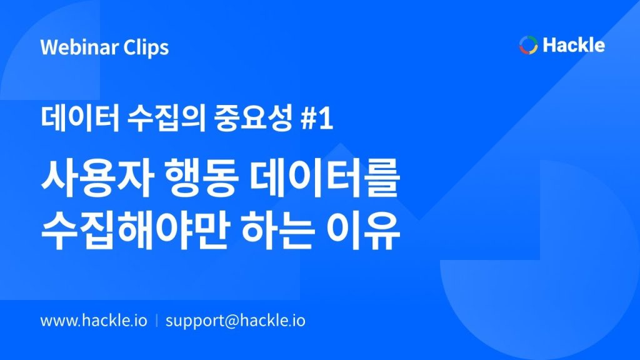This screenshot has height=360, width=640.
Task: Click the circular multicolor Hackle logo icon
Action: tap(528, 45)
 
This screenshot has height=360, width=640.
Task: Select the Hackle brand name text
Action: tap(574, 44)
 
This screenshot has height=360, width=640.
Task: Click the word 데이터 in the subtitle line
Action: tap(80, 118)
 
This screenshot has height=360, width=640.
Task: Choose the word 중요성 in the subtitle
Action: tap(253, 118)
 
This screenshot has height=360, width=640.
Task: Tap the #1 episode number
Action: tap(317, 119)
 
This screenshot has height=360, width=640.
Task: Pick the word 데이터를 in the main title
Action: tap(325, 179)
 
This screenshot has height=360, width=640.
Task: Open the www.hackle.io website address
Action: tap(94, 321)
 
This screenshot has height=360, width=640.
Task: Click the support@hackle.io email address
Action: tap(236, 321)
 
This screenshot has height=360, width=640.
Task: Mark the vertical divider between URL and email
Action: tap(157, 321)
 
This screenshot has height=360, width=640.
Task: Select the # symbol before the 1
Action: tap(309, 119)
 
